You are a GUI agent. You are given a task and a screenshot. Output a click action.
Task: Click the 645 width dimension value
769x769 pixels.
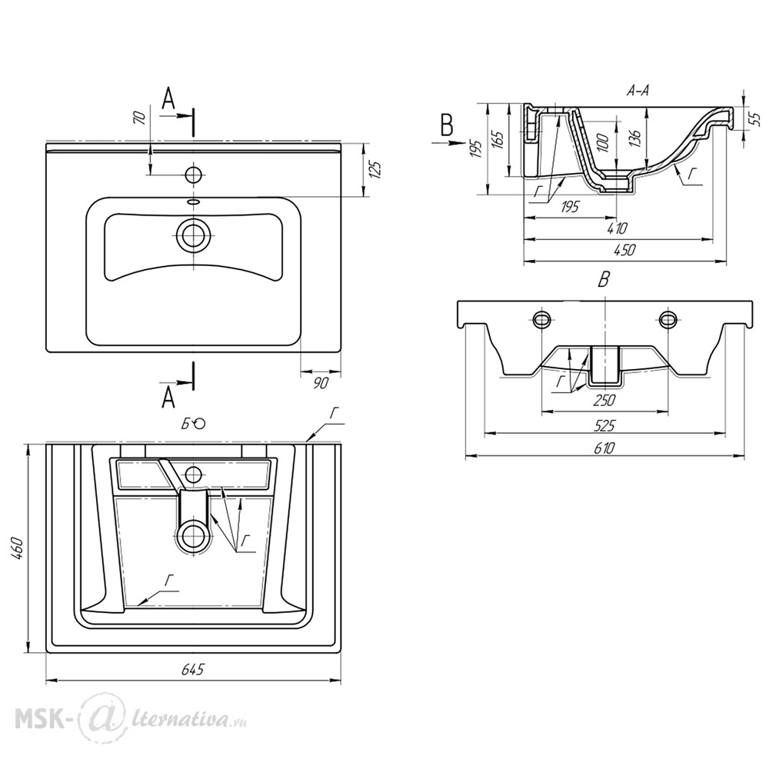point(193,670)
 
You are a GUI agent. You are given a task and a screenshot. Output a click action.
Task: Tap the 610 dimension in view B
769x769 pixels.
point(604,448)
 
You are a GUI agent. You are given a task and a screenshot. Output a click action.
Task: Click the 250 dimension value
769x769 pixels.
point(604,401)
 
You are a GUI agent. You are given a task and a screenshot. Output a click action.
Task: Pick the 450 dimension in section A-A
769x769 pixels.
point(624,250)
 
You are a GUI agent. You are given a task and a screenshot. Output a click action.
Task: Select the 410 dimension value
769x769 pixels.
point(616,228)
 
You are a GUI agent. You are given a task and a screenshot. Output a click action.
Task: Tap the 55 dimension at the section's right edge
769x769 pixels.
point(756,118)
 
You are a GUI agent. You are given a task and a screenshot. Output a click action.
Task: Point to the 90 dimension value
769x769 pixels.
point(320,383)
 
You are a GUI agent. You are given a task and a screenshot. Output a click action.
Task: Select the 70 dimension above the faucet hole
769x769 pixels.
point(140,118)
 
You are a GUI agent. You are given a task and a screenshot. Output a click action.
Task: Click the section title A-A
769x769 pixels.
point(637,90)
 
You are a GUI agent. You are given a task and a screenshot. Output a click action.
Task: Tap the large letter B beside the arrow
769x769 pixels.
point(447,125)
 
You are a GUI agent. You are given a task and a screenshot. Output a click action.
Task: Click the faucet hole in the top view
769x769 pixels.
point(194,174)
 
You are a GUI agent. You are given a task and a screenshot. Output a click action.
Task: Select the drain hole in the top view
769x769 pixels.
point(194,235)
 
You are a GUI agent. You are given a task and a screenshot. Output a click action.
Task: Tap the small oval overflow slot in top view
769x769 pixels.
point(194,201)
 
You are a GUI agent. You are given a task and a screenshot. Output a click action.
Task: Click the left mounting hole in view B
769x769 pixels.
point(542,319)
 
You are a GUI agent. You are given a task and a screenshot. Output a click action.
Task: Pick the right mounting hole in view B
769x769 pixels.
point(667,319)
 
